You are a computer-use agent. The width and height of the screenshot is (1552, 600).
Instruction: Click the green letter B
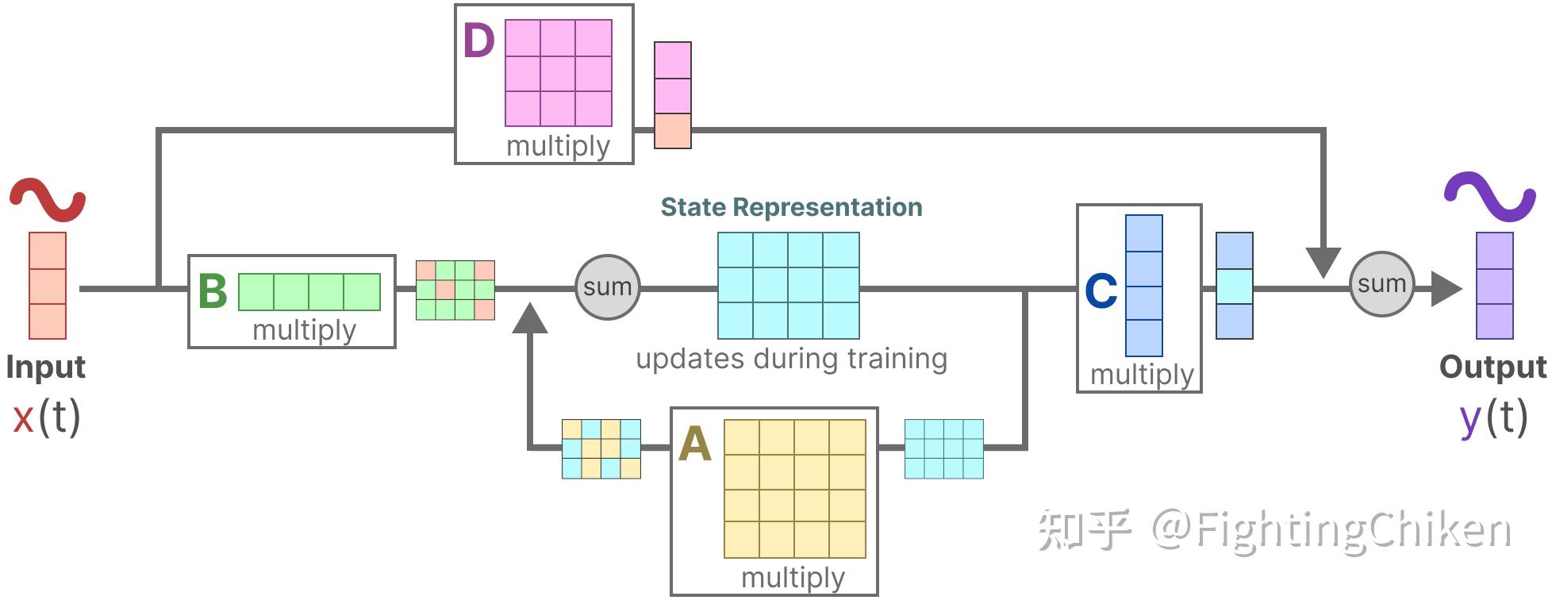[x=213, y=291]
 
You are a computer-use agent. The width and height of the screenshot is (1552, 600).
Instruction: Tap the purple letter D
[x=479, y=40]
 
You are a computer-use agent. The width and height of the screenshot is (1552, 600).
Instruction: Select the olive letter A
[x=694, y=444]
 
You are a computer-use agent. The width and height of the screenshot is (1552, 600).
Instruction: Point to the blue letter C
[x=1101, y=291]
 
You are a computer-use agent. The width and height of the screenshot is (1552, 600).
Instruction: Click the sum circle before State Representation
[x=607, y=287]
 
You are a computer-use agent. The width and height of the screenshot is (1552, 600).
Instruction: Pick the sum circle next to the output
[x=1381, y=284]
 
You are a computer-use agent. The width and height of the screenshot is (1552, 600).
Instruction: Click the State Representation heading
[x=791, y=207]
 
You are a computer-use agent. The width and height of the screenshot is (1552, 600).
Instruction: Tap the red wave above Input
[x=47, y=199]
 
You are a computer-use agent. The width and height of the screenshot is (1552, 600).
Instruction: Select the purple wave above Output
[x=1489, y=196]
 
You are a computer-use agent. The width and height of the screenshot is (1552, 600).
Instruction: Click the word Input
[x=45, y=367]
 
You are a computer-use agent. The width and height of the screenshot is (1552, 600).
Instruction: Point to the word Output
[x=1492, y=367]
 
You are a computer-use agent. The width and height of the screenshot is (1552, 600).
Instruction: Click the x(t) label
[x=47, y=417]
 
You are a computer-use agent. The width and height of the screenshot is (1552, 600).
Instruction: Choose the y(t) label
[x=1493, y=417]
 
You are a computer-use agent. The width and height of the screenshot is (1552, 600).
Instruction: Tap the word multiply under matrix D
[x=558, y=146]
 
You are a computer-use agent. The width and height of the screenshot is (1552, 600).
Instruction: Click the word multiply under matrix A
[x=793, y=578]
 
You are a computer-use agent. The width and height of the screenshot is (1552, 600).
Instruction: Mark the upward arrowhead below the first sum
[x=530, y=318]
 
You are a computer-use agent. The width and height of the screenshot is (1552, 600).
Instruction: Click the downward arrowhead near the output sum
[x=1323, y=262]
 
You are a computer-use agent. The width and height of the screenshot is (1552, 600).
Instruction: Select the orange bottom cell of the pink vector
[x=672, y=131]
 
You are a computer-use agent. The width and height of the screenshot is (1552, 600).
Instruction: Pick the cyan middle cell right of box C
[x=1235, y=287]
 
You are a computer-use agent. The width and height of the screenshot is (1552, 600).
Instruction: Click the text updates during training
[x=791, y=359]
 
